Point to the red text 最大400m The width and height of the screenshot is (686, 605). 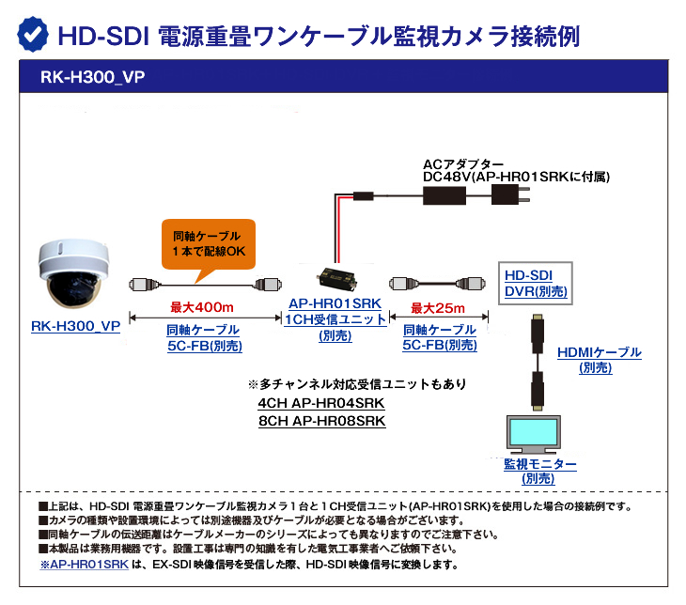[x=201, y=307]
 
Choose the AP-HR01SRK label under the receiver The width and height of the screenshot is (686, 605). [x=335, y=304]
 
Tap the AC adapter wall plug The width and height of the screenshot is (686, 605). [x=512, y=195]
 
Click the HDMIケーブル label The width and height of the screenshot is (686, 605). [x=599, y=352]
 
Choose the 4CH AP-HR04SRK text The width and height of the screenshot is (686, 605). [x=321, y=404]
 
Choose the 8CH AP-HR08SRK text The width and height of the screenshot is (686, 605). [x=321, y=422]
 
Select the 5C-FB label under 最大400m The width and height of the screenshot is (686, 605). [x=203, y=345]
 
